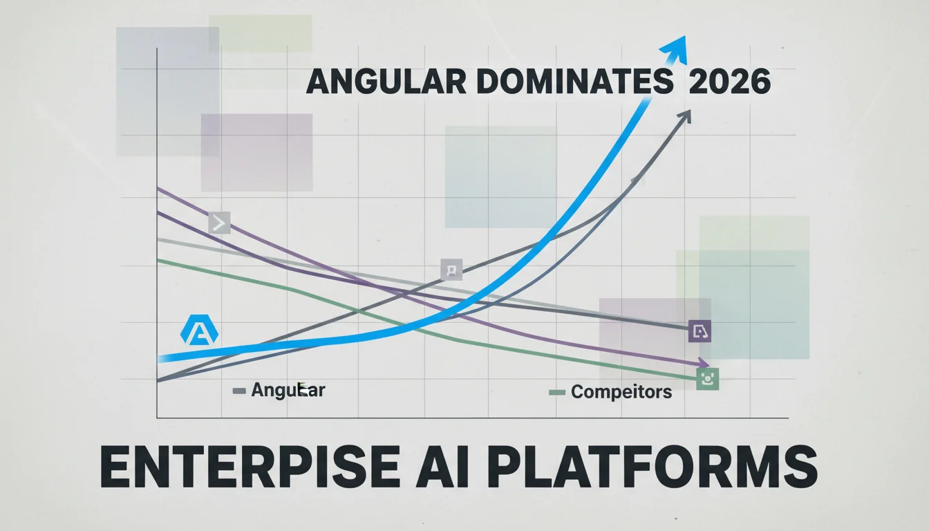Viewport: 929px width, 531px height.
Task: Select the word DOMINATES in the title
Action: (x=575, y=82)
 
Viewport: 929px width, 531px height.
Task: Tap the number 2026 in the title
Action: (x=729, y=82)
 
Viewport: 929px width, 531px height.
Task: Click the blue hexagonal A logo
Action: (x=200, y=329)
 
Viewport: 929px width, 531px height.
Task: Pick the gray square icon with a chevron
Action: (x=219, y=223)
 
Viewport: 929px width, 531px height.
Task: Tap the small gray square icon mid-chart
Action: (x=451, y=270)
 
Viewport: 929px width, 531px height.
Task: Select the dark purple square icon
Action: (x=700, y=331)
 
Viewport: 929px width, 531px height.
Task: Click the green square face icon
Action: (x=708, y=379)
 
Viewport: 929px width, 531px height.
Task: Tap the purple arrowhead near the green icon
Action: (x=704, y=362)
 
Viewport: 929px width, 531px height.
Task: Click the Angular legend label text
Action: (x=288, y=391)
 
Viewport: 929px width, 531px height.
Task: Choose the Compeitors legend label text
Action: (x=621, y=392)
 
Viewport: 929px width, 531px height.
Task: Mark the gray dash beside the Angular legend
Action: (x=239, y=391)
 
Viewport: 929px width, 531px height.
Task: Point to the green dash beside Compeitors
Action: (x=557, y=393)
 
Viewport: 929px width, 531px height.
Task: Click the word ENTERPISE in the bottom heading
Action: (x=250, y=467)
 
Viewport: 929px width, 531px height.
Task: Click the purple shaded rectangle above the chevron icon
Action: (x=256, y=153)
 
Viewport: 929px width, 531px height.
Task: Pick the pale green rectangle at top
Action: (x=260, y=34)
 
